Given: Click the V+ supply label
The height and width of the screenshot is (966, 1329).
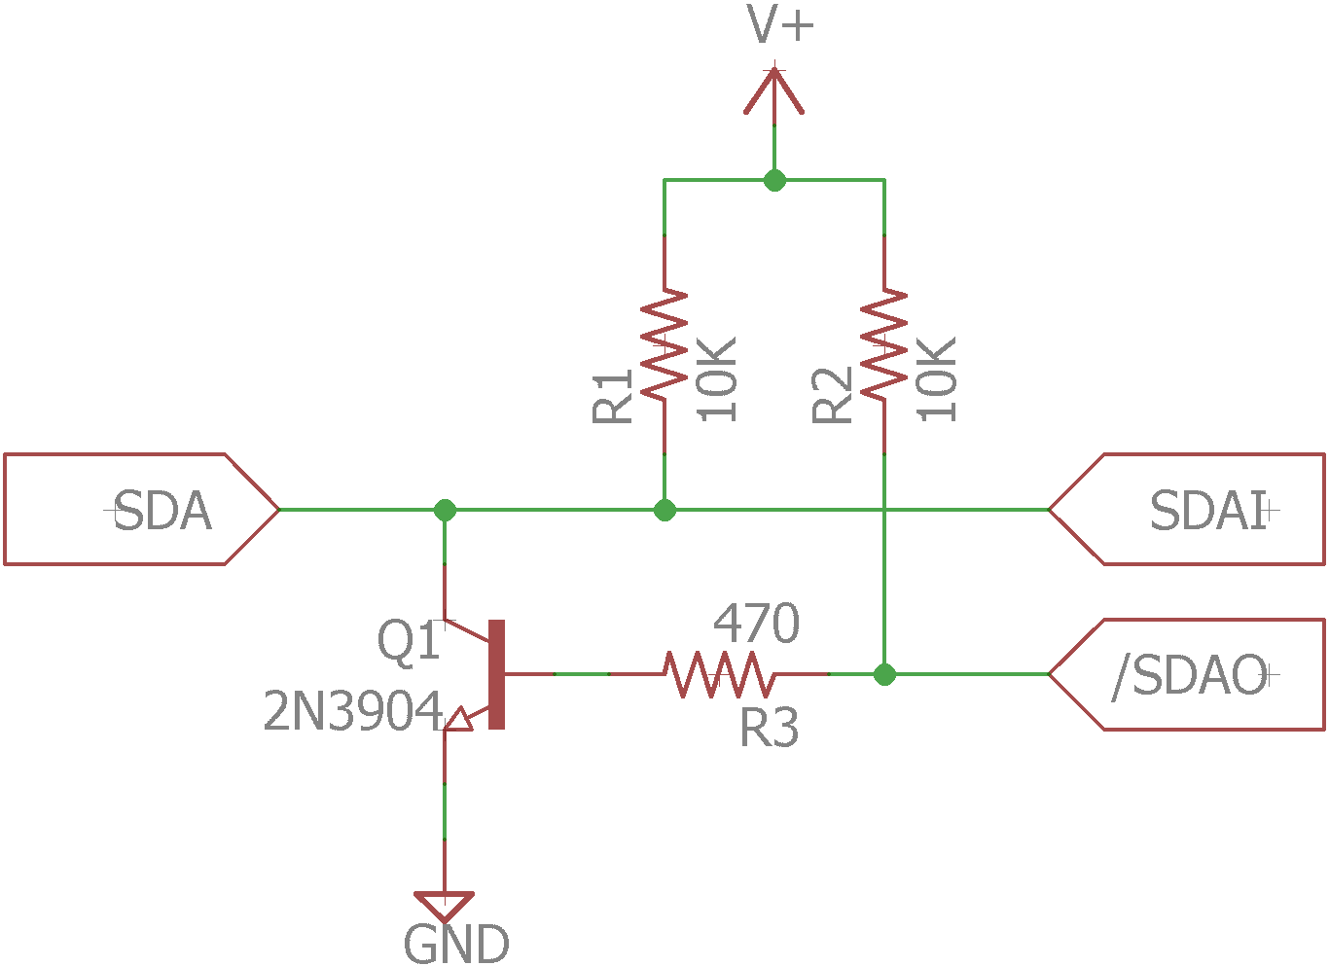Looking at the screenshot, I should (780, 25).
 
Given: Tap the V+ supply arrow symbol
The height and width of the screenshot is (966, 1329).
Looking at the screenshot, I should (774, 93).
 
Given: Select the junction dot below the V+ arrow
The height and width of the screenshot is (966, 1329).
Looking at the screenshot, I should (774, 180).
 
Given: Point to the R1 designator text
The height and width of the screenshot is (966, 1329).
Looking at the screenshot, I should (613, 396).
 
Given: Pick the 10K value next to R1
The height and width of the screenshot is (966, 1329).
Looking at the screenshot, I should (718, 379).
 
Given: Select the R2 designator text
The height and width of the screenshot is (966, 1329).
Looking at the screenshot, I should (833, 396).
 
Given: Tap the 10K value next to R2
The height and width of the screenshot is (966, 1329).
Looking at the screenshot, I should (938, 379).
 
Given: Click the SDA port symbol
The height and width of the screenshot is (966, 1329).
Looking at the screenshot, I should (141, 509).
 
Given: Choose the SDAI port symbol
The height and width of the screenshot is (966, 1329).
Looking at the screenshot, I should (1187, 509).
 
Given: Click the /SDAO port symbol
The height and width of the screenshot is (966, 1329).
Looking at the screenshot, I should (1187, 674).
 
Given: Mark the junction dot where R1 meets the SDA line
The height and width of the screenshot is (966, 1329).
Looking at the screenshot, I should (664, 510).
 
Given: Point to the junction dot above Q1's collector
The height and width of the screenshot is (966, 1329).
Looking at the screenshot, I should (445, 510).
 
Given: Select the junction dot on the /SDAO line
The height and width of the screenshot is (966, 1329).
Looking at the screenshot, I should (884, 674).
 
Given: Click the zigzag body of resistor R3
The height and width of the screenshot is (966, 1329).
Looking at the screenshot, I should (719, 674).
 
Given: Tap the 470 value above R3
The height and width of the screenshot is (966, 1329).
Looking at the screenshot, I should (756, 624).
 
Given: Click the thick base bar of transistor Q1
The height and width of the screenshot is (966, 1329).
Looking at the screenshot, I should (497, 674).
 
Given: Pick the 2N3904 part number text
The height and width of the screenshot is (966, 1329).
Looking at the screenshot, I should (353, 712).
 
